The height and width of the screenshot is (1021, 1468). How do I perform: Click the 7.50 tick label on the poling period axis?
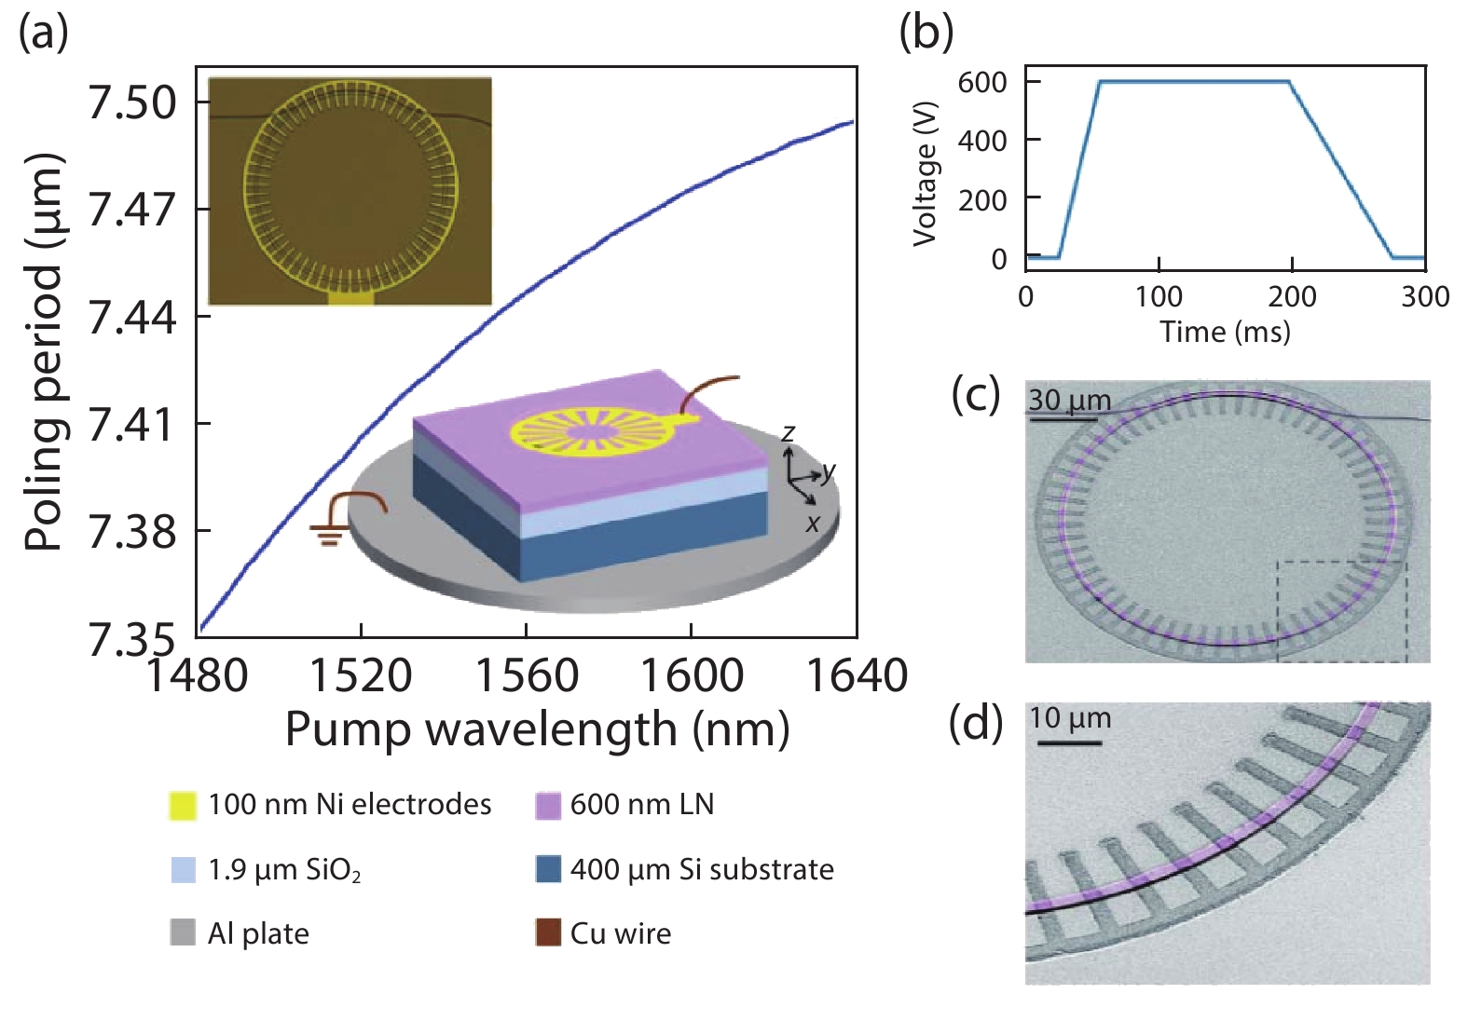[x=131, y=102]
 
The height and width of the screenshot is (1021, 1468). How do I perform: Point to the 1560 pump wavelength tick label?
[x=527, y=675]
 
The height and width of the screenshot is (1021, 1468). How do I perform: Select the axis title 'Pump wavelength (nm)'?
[x=537, y=728]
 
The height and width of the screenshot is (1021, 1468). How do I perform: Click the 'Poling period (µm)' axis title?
[x=43, y=352]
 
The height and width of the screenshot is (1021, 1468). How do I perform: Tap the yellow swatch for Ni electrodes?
[x=183, y=805]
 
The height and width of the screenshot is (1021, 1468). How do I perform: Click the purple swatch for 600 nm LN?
[x=548, y=805]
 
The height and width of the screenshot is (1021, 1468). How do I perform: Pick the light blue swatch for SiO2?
[x=183, y=869]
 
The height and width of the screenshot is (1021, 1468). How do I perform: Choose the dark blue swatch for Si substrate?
[x=548, y=869]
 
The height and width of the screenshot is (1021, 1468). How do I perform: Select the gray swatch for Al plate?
[x=183, y=933]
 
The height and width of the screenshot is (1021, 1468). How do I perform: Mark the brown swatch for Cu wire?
[x=548, y=933]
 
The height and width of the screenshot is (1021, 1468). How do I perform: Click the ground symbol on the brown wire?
[x=327, y=533]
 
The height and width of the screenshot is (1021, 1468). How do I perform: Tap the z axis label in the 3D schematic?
[x=789, y=432]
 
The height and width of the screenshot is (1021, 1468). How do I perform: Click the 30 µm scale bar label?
[x=1069, y=400]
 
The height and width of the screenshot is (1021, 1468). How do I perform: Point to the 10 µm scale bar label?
[x=1070, y=718]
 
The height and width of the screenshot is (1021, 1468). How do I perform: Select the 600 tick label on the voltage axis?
[x=982, y=82]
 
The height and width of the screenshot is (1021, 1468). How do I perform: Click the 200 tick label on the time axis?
[x=1292, y=297]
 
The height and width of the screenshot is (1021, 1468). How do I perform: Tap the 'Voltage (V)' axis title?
[x=925, y=173]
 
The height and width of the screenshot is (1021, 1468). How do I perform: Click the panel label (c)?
[x=975, y=395]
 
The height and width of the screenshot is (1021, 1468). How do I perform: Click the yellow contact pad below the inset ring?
[x=350, y=298]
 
